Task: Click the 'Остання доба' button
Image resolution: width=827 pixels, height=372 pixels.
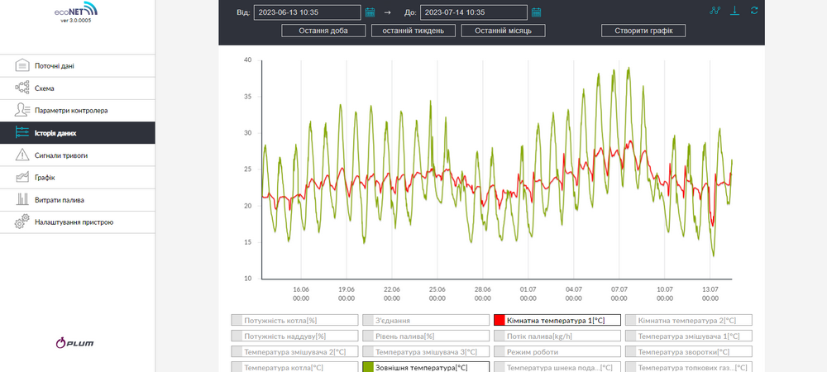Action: click(x=323, y=31)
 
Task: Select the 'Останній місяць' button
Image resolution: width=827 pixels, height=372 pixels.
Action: click(x=503, y=31)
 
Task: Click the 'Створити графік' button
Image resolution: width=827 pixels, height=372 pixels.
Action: click(x=643, y=31)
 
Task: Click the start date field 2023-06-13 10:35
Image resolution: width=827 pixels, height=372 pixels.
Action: click(x=308, y=12)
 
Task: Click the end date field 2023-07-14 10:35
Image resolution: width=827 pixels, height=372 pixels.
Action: click(x=474, y=12)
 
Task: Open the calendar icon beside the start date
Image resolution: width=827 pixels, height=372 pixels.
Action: click(x=370, y=12)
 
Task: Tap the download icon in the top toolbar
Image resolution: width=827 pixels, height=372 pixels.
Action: click(x=734, y=11)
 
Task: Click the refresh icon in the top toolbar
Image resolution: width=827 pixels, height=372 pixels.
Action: click(x=754, y=11)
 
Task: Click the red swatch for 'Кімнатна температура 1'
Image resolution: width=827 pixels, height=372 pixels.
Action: click(x=500, y=320)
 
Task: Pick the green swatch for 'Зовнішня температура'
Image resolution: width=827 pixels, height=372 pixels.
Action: click(x=368, y=368)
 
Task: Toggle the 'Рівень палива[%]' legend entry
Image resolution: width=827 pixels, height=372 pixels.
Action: click(x=426, y=336)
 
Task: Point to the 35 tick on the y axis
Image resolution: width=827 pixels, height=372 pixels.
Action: click(x=248, y=97)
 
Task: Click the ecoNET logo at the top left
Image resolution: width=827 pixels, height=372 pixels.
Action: click(x=76, y=10)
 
